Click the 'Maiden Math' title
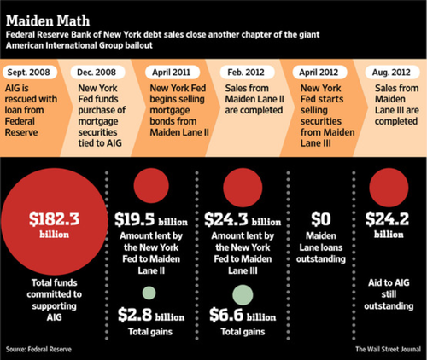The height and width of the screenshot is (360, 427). tap(48, 20)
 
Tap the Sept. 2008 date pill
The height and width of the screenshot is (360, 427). tap(29, 73)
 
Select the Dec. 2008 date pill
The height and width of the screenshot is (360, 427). tap(97, 73)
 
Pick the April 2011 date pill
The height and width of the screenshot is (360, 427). tap(172, 73)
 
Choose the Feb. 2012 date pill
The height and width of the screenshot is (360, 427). tap(247, 73)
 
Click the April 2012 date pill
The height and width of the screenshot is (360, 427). tap(319, 73)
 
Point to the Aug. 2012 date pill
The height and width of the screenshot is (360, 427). tap(392, 73)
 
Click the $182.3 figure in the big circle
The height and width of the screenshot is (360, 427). tap(54, 219)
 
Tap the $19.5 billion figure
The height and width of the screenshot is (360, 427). tap(151, 219)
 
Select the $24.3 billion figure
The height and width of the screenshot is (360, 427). tap(243, 219)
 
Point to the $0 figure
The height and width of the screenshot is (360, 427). tap(321, 219)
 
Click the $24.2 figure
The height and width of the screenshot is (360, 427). tap(388, 219)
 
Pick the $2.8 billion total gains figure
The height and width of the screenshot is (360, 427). tap(151, 315)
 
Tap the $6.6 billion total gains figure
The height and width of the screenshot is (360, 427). tap(243, 315)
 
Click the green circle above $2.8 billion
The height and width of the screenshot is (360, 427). tap(149, 293)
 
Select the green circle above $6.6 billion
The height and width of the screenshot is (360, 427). tap(243, 295)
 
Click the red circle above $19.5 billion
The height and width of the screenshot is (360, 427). tap(151, 185)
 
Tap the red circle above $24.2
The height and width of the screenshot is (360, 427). tap(389, 188)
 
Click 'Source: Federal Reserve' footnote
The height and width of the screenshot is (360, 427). tap(38, 350)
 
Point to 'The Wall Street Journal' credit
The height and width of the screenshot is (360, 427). tap(388, 350)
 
